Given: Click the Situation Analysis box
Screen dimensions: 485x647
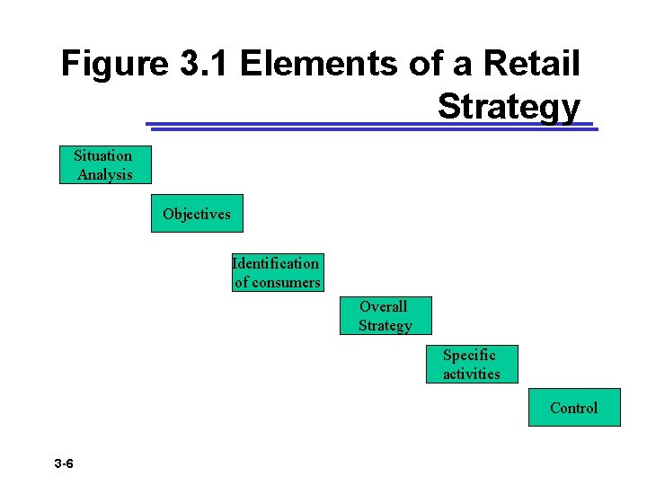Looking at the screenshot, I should (104, 165).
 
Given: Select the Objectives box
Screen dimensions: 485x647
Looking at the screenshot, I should (196, 214).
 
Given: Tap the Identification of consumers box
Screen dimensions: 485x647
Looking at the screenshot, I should (277, 273).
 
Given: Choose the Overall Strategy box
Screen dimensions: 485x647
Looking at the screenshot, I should (385, 316).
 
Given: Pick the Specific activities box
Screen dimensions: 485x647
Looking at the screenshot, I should (471, 364).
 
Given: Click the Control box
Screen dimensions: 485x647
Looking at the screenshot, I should (573, 408).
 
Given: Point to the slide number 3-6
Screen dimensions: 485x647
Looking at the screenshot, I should (64, 464).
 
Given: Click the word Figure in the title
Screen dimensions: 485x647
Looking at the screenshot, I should (114, 64).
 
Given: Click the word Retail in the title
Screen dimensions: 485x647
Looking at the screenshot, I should (533, 64).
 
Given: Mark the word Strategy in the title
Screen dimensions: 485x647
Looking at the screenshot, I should (509, 106).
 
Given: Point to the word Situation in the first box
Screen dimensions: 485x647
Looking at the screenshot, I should (102, 155).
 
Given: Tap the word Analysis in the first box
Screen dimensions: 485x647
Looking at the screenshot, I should (105, 175).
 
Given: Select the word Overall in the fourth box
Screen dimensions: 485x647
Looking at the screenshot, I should (384, 306).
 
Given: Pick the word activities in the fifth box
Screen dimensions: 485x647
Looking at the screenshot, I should (472, 374).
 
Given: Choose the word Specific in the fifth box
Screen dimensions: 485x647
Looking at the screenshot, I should (469, 355).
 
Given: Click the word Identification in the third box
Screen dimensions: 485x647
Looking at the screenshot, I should (276, 263).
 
